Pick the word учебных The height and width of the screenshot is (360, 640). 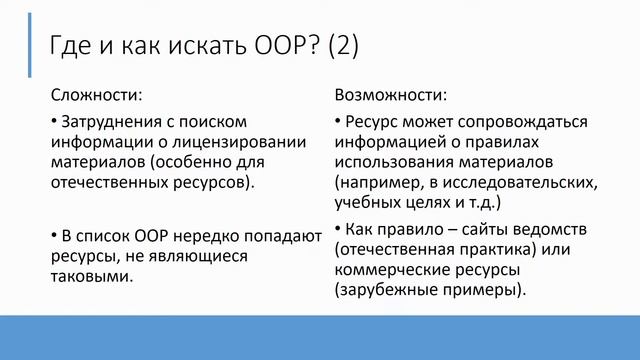[367, 203]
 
